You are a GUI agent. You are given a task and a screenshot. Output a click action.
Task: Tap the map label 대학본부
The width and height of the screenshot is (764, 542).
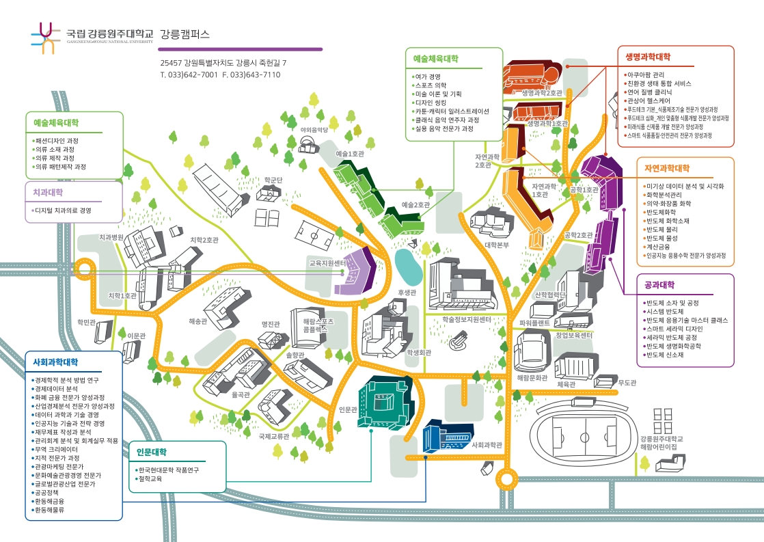coord(497,244)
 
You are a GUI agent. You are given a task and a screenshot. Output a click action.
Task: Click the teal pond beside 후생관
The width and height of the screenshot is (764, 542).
coord(408,267)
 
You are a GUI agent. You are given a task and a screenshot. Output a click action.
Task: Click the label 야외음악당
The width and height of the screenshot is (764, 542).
coord(314,128)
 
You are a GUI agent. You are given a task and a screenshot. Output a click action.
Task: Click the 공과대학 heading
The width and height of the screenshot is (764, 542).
coord(659,285)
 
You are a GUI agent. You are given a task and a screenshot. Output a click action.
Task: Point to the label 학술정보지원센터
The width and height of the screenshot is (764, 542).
coord(467,319)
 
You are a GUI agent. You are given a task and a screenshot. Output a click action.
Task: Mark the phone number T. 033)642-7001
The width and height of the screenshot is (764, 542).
coord(189,74)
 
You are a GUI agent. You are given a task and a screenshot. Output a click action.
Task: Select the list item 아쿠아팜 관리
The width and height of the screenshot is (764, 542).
coord(646,74)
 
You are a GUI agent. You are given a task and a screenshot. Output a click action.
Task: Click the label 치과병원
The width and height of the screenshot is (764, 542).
coord(111,237)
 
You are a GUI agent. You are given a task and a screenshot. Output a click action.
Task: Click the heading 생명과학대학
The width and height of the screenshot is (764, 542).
coord(648,56)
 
